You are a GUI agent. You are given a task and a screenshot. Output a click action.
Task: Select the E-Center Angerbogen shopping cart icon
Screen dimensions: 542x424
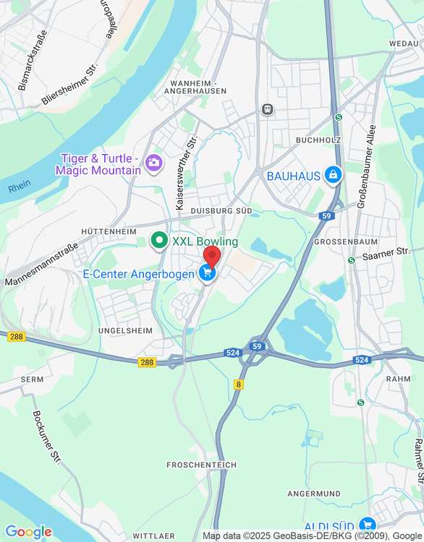tap(207, 273)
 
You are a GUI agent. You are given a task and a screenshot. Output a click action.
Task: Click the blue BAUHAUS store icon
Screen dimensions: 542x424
tap(333, 174)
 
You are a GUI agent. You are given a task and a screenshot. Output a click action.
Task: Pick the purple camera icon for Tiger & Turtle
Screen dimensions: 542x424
tap(153, 163)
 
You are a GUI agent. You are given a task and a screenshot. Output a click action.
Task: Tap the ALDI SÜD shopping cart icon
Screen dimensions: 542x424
tap(368, 525)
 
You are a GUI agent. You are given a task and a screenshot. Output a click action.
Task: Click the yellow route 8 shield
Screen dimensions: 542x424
tap(239, 384)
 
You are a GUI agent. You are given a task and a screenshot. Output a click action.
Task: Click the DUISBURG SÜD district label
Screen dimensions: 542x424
tap(221, 210)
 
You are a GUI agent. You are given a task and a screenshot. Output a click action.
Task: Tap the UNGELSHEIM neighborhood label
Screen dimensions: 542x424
tap(125, 330)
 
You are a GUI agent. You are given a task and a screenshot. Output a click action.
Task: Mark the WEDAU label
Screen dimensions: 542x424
tap(404, 44)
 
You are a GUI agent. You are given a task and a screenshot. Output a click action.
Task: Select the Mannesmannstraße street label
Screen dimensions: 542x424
tap(41, 264)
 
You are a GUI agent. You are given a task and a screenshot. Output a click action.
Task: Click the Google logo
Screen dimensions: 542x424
tap(28, 532)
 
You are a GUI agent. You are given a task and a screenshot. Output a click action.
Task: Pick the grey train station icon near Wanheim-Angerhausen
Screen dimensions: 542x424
tap(268, 109)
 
